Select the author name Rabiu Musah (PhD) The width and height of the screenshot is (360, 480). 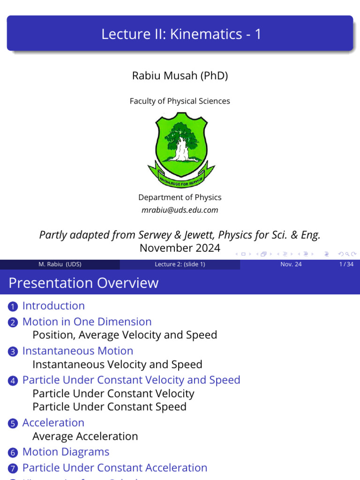tap(180, 75)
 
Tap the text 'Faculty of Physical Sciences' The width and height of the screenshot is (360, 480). tap(180, 101)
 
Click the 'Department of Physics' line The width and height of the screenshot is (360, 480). tap(180, 197)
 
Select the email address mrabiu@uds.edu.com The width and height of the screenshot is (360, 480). tap(180, 210)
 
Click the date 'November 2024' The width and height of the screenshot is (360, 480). tap(180, 248)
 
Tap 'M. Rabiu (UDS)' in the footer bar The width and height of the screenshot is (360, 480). tap(60, 264)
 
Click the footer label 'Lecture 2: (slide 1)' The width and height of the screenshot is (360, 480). tap(180, 264)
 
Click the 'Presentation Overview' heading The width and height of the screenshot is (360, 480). tap(83, 283)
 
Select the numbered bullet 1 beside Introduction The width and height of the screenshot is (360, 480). tap(13, 307)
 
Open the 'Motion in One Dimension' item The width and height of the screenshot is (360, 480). tap(87, 322)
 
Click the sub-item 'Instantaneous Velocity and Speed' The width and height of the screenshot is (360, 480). tap(117, 364)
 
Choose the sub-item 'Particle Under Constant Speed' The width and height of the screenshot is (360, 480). tap(109, 406)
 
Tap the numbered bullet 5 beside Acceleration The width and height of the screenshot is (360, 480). tap(13, 423)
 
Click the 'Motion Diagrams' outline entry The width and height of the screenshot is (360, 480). tap(66, 452)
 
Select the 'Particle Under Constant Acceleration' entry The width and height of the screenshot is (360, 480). tap(115, 467)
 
